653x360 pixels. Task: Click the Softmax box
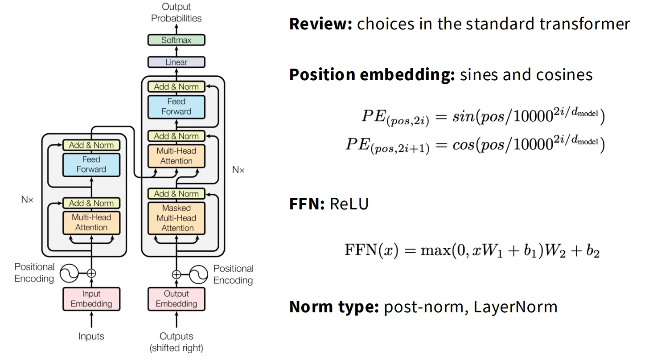pyautogui.click(x=176, y=40)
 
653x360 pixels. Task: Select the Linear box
pyautogui.click(x=176, y=62)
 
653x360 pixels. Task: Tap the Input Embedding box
pyautogui.click(x=91, y=299)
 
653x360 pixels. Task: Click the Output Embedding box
pyautogui.click(x=176, y=299)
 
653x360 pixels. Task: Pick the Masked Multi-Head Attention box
pyautogui.click(x=176, y=218)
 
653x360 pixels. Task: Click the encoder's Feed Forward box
pyautogui.click(x=91, y=164)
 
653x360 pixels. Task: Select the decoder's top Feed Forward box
pyautogui.click(x=176, y=107)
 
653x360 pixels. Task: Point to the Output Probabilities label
pyautogui.click(x=176, y=12)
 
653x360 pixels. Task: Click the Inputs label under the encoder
pyautogui.click(x=91, y=336)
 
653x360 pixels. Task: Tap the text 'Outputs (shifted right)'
pyautogui.click(x=176, y=342)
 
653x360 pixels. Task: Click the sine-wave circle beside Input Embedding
pyautogui.click(x=70, y=274)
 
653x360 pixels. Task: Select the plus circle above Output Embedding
pyautogui.click(x=177, y=274)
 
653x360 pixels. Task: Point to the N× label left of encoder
pyautogui.click(x=27, y=200)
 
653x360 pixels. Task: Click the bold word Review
pyautogui.click(x=320, y=24)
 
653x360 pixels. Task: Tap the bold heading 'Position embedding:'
pyautogui.click(x=372, y=74)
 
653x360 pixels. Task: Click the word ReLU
pyautogui.click(x=349, y=204)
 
